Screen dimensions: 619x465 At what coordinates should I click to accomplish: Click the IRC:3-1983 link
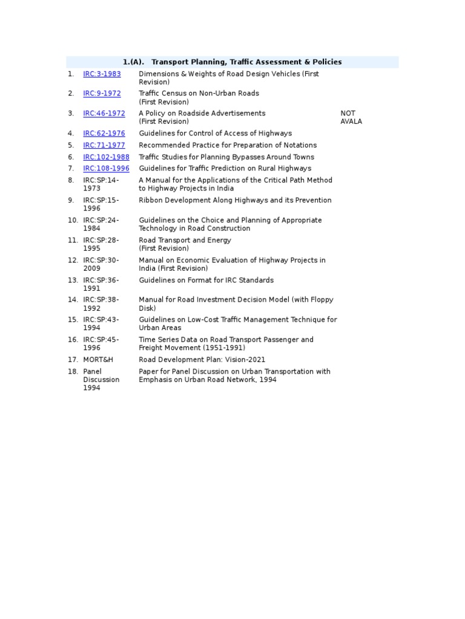pyautogui.click(x=102, y=74)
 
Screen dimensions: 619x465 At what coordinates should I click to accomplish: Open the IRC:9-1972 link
pyautogui.click(x=102, y=94)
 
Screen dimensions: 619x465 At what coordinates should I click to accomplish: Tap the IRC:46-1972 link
pyautogui.click(x=104, y=114)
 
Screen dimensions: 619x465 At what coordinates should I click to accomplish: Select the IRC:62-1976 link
pyautogui.click(x=104, y=134)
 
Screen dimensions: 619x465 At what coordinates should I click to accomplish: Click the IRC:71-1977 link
pyautogui.click(x=104, y=145)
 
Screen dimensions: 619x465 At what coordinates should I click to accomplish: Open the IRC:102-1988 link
pyautogui.click(x=106, y=157)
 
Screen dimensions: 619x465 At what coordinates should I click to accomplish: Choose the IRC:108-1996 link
pyautogui.click(x=106, y=169)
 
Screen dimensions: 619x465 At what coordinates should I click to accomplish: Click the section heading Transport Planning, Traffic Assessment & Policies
pyautogui.click(x=232, y=62)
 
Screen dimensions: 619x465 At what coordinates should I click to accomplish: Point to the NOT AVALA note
pyautogui.click(x=351, y=117)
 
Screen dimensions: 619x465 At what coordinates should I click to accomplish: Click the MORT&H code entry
pyautogui.click(x=98, y=360)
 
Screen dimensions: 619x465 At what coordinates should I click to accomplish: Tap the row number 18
pyautogui.click(x=73, y=372)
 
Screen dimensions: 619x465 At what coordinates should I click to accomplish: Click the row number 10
pyautogui.click(x=73, y=221)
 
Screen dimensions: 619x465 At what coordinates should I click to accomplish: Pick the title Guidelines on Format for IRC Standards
pyautogui.click(x=206, y=280)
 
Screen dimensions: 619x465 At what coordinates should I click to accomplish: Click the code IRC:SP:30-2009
pyautogui.click(x=101, y=264)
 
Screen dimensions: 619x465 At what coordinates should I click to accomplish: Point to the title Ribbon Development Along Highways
pyautogui.click(x=235, y=201)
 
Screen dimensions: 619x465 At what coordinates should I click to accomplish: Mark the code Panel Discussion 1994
pyautogui.click(x=101, y=380)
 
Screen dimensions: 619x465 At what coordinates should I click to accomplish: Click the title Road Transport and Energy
pyautogui.click(x=185, y=241)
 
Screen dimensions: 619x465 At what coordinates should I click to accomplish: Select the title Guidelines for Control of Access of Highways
pyautogui.click(x=215, y=134)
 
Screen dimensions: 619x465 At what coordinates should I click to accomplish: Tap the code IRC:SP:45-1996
pyautogui.click(x=101, y=344)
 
